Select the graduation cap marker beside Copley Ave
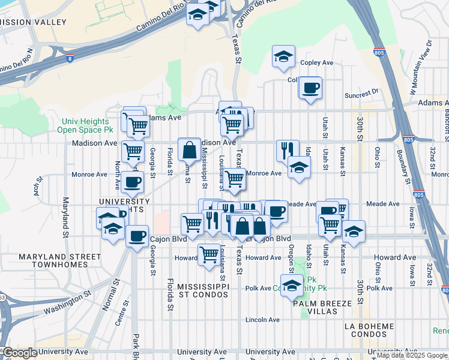(283, 57)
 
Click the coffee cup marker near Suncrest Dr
(310, 88)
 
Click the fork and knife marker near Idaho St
(288, 150)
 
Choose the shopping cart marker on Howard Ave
(208, 254)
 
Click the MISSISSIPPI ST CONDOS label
(203, 290)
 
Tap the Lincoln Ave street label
(262, 320)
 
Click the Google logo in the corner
(20, 353)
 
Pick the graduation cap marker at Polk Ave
(292, 286)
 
